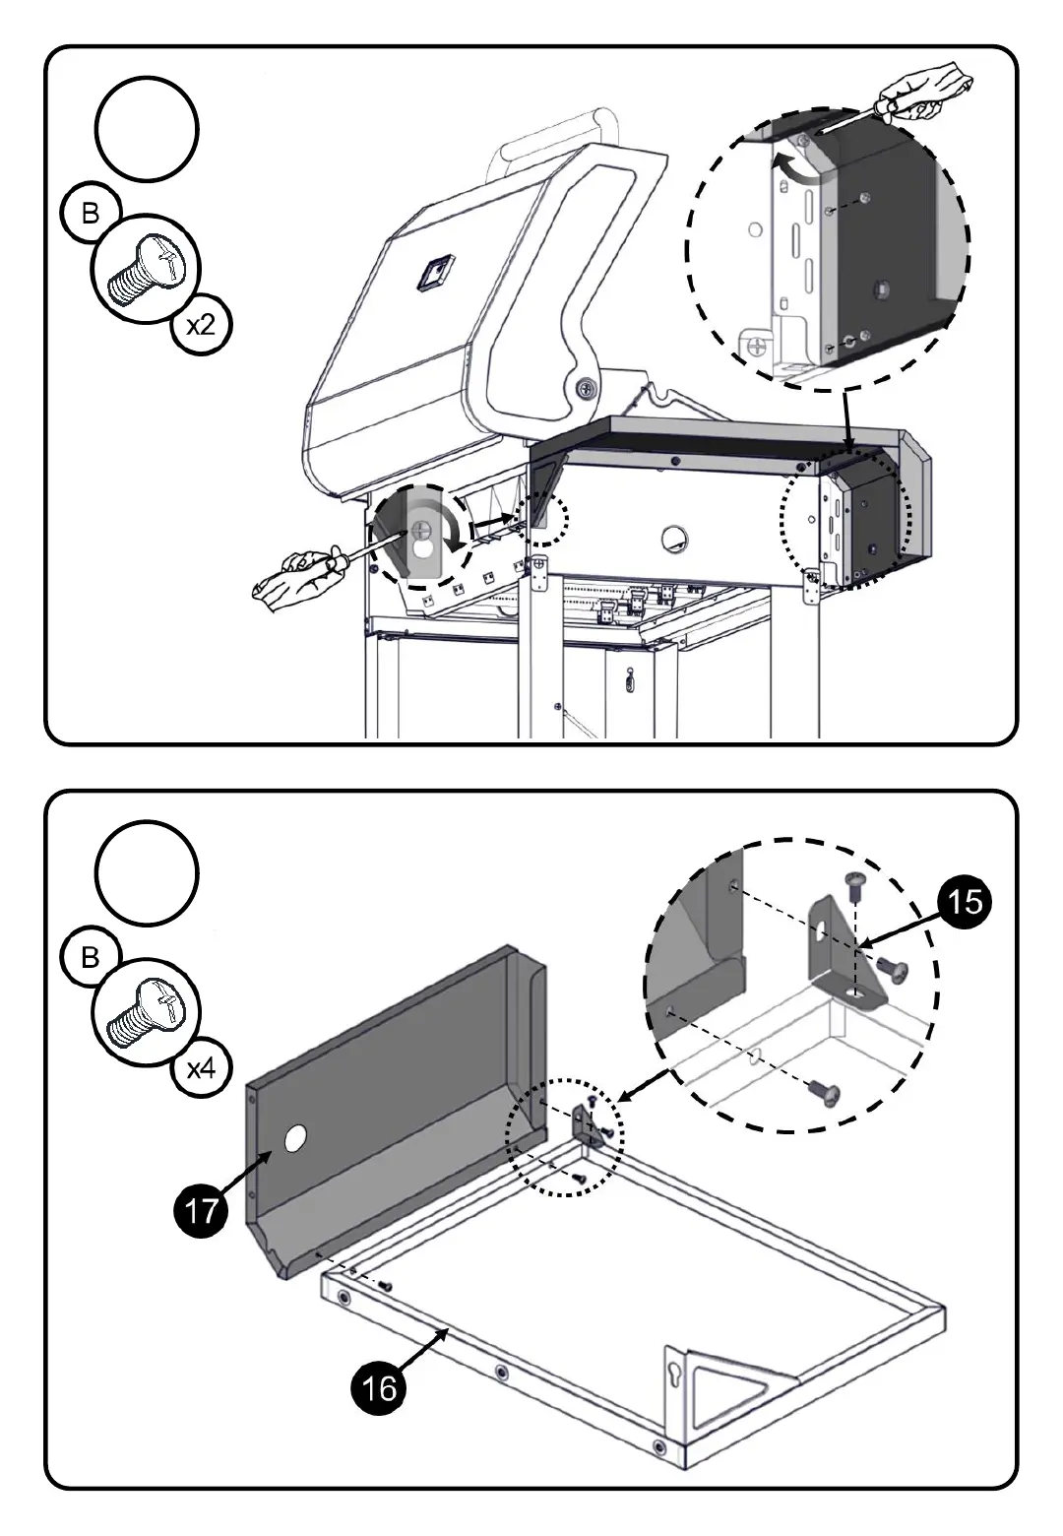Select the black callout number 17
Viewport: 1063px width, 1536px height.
click(x=201, y=1209)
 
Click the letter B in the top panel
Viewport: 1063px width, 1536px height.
click(x=91, y=214)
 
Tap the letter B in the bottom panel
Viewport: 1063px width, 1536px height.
click(x=91, y=957)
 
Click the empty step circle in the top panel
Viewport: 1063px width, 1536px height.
click(x=147, y=130)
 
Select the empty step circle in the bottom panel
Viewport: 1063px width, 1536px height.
click(x=147, y=872)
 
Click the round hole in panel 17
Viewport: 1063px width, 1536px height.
click(x=294, y=1140)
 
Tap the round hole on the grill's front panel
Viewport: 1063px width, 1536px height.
click(x=675, y=538)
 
